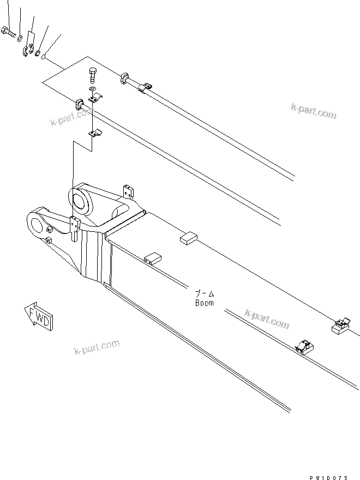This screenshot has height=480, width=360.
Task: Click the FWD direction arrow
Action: tap(39, 316)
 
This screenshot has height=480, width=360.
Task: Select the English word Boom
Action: tap(205, 303)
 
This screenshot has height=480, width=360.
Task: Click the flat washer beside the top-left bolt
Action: tap(20, 38)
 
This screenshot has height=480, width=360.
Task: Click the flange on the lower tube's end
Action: tap(79, 104)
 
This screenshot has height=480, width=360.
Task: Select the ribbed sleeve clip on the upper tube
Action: tap(146, 87)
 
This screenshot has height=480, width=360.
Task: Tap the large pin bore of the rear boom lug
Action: tap(80, 199)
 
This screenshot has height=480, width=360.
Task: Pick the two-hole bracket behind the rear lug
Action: tap(129, 192)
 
